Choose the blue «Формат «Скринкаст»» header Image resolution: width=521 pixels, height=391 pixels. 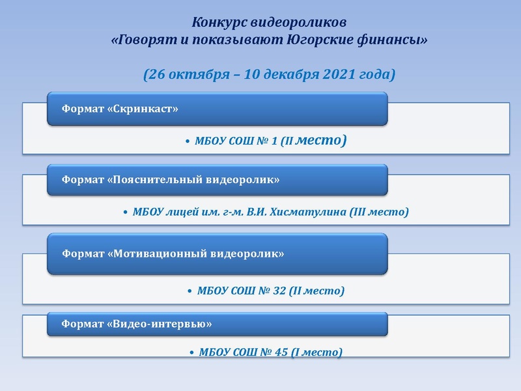217,109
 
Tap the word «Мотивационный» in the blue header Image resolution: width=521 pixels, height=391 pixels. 160,253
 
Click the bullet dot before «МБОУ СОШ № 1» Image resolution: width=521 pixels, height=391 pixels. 187,141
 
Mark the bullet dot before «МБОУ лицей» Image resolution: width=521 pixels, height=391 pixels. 126,212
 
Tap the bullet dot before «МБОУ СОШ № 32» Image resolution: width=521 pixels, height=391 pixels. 190,291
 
